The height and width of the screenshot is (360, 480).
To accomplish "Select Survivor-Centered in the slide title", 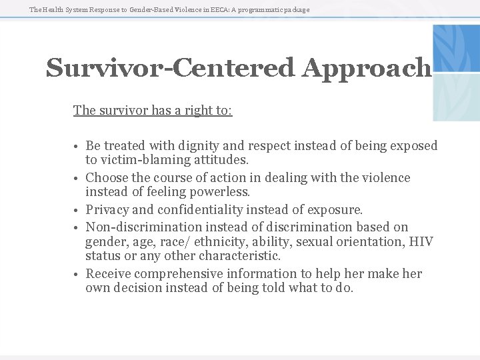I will [x=170, y=68].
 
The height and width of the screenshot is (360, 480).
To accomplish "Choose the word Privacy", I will [x=110, y=210].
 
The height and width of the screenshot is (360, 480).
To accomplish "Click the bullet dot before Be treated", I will [x=78, y=147].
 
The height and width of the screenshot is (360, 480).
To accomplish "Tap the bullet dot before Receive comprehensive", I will [x=78, y=275].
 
